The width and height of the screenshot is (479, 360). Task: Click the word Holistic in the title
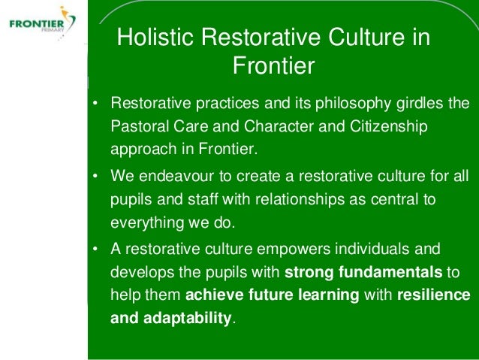(155, 36)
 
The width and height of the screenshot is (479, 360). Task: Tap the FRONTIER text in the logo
(37, 24)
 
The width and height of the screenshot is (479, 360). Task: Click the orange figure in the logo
(64, 12)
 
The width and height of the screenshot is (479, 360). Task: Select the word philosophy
(353, 104)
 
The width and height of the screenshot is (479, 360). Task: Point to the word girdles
(420, 104)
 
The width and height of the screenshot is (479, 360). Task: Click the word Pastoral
(140, 126)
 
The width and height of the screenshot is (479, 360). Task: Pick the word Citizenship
(388, 127)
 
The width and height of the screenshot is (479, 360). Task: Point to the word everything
(147, 223)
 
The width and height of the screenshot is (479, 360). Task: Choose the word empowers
(294, 250)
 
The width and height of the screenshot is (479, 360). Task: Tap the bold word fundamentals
(390, 272)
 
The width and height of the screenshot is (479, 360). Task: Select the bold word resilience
(434, 295)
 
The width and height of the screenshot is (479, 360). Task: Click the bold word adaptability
(187, 318)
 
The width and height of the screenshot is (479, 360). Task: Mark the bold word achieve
(215, 295)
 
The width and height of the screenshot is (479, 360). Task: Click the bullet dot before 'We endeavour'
(95, 177)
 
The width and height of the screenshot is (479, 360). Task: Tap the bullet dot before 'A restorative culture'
(95, 250)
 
